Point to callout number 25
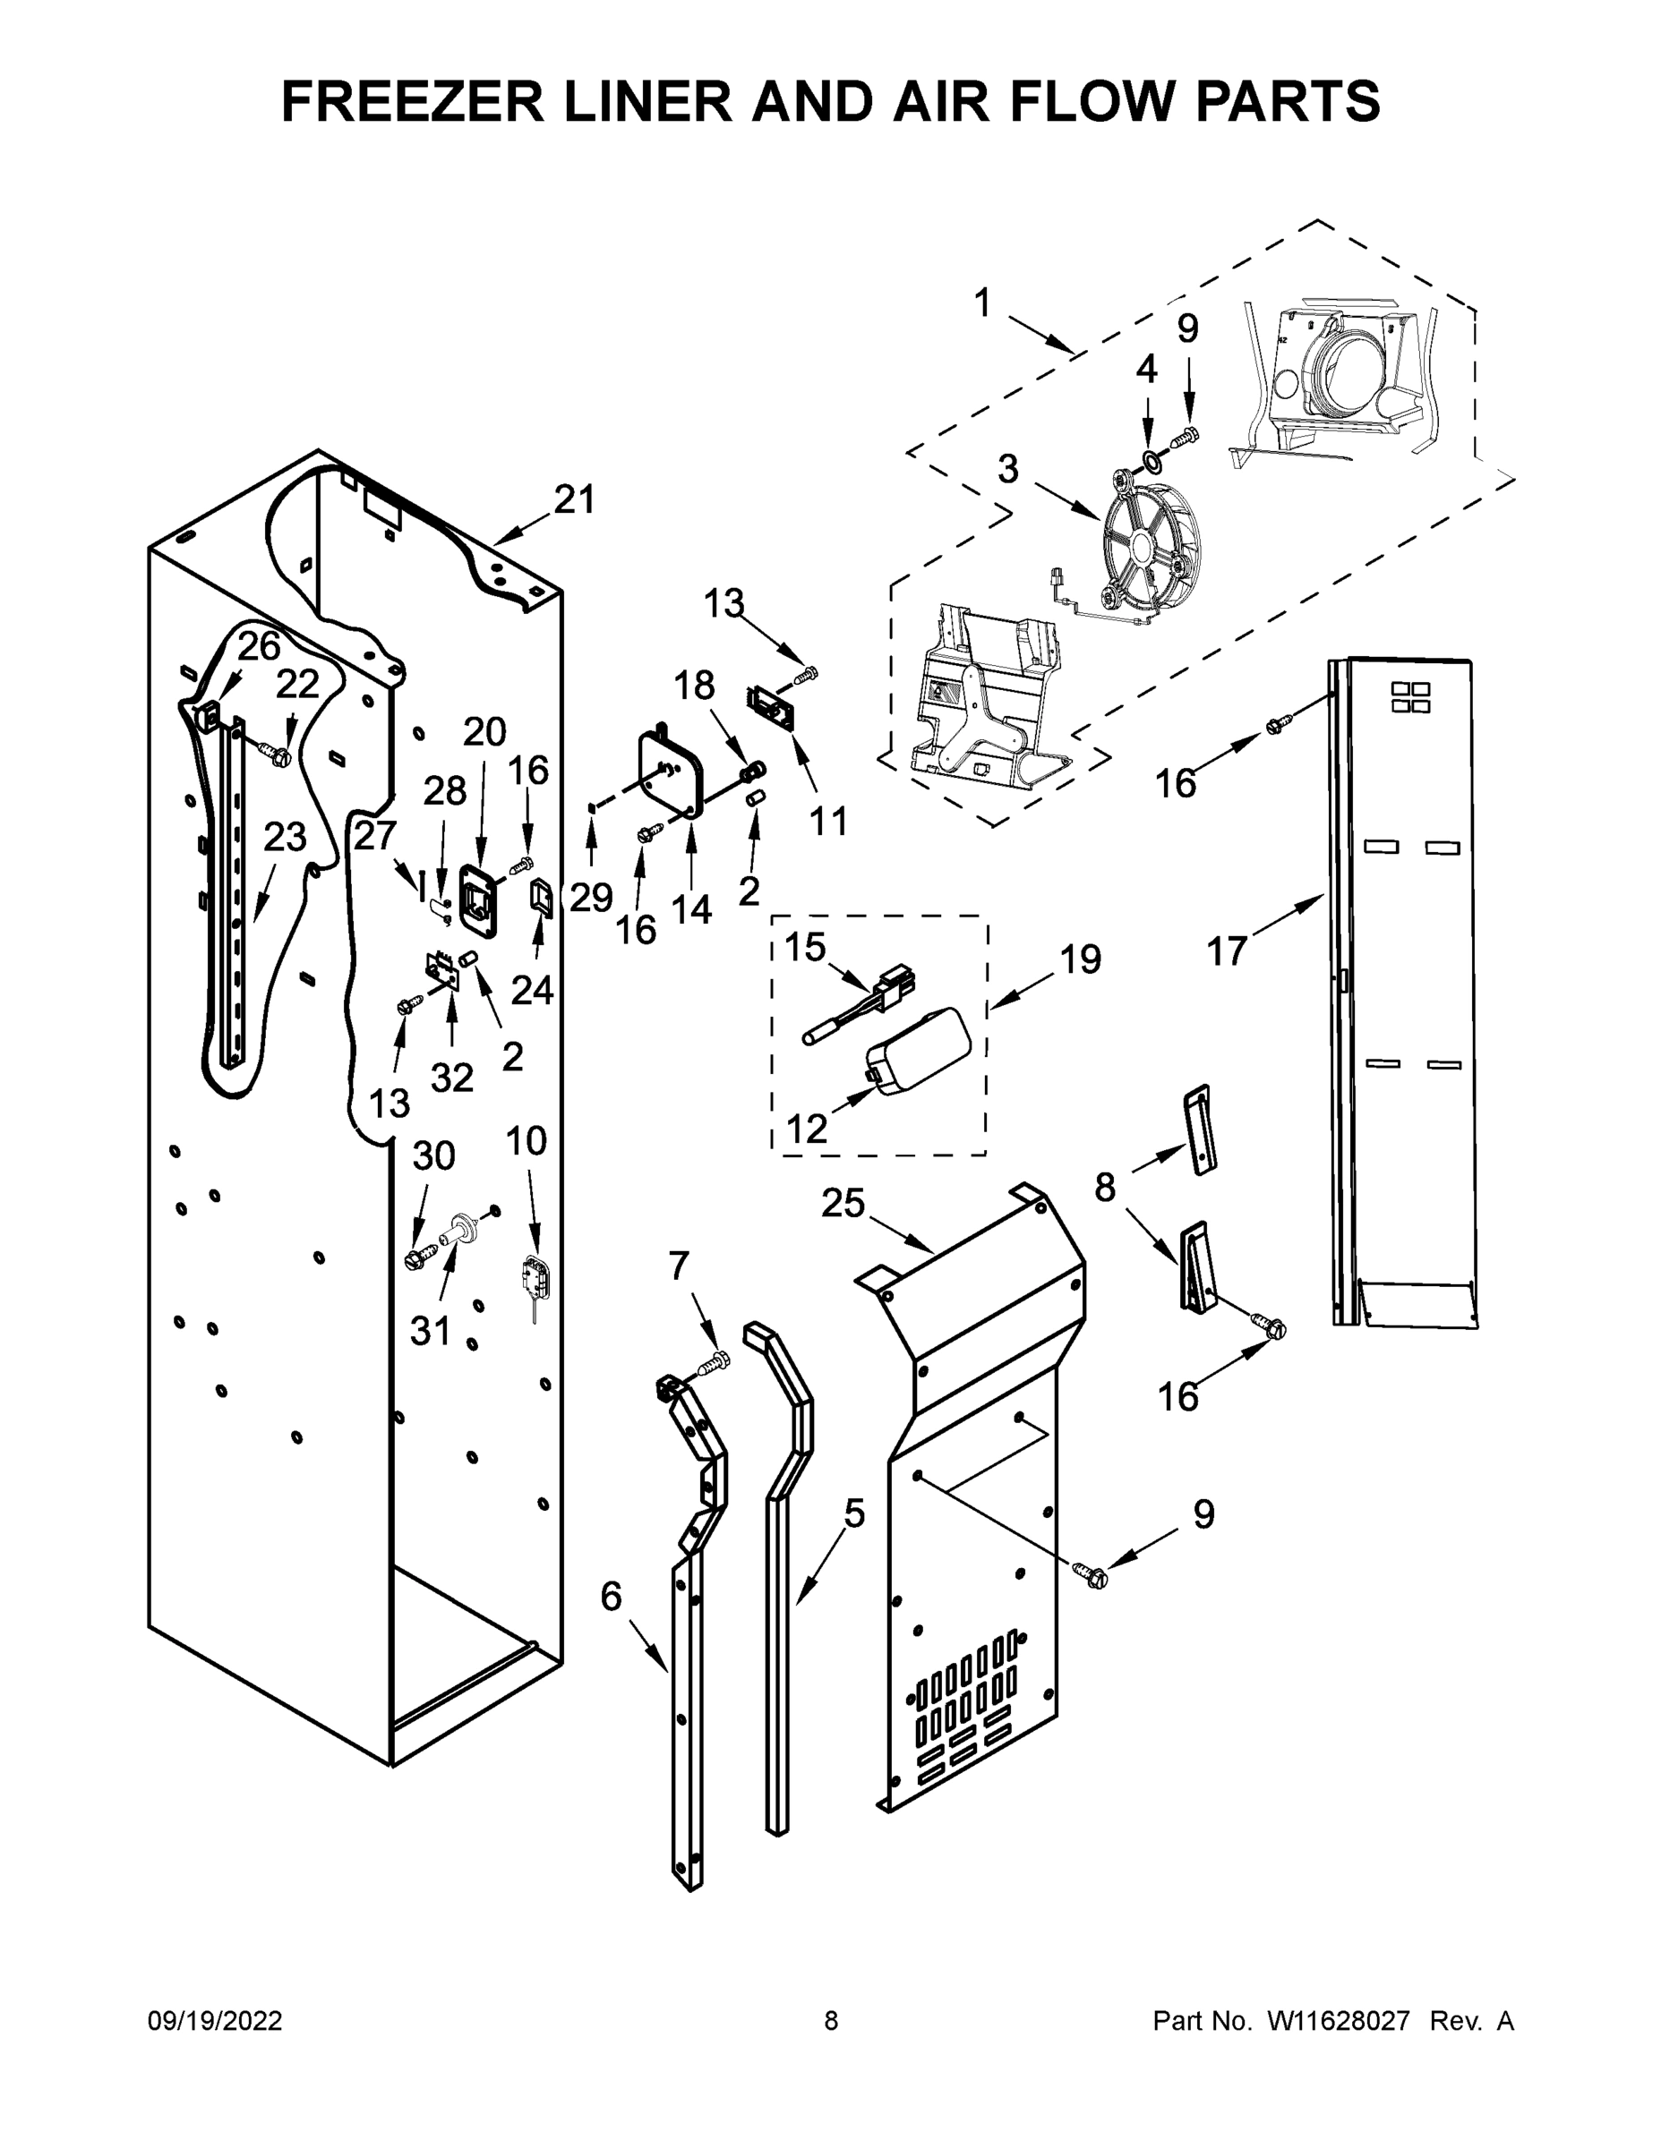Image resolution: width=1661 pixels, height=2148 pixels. [x=843, y=1203]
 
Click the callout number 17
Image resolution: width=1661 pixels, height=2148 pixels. [x=1226, y=951]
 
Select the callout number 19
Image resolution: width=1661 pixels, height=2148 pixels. [x=1081, y=959]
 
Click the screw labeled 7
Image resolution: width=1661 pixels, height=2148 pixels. [x=715, y=1363]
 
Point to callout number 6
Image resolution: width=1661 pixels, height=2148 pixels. [x=611, y=1597]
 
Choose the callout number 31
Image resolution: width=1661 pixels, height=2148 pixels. [x=430, y=1331]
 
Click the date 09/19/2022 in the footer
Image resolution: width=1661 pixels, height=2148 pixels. [x=215, y=2021]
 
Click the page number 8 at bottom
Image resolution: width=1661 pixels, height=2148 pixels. [x=831, y=2021]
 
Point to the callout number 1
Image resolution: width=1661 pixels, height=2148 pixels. [x=982, y=303]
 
